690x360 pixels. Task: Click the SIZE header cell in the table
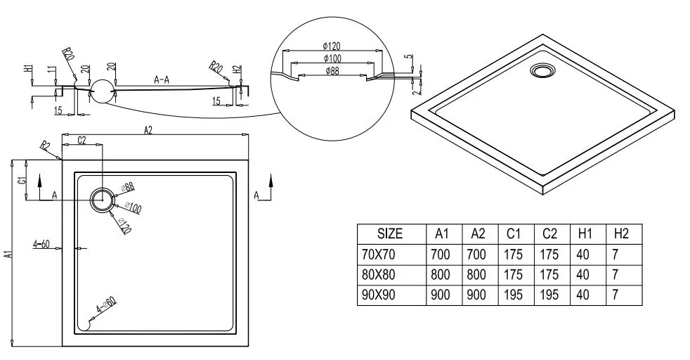point(390,233)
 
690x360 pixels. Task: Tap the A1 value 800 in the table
point(441,274)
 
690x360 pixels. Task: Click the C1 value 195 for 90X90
point(513,295)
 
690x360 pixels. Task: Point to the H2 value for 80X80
point(616,274)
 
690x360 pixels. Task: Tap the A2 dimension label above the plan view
point(148,129)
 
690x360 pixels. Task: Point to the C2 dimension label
point(82,140)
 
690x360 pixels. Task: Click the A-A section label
point(162,80)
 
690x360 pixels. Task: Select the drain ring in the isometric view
point(542,70)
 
